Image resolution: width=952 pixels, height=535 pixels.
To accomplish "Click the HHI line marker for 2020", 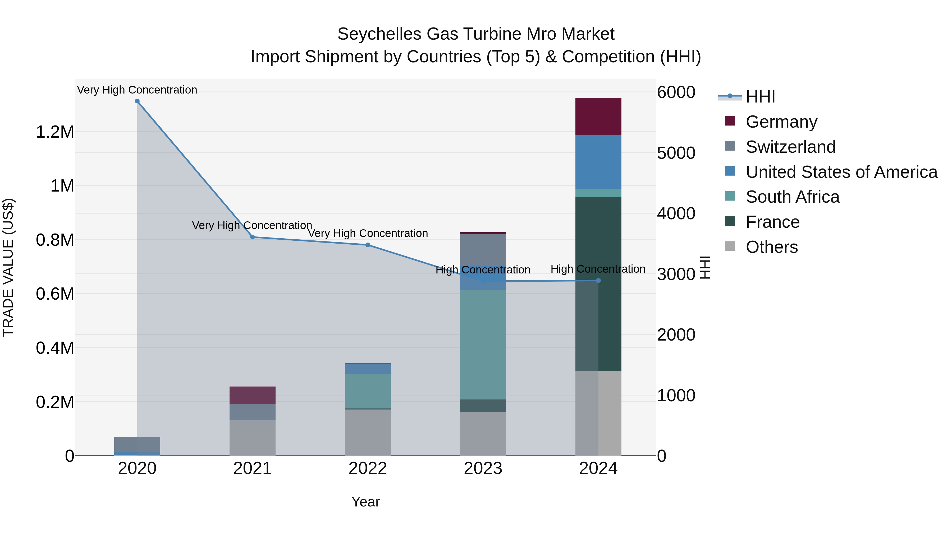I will [137, 101].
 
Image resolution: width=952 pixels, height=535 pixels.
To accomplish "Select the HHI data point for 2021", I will [253, 237].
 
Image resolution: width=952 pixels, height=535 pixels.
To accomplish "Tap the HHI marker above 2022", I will [368, 245].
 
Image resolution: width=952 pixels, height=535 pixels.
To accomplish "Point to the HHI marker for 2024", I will [598, 281].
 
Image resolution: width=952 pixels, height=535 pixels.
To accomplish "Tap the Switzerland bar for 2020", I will [137, 444].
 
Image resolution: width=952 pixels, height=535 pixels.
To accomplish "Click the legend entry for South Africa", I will [792, 197].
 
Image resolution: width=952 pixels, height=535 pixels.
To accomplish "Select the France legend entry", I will [772, 222].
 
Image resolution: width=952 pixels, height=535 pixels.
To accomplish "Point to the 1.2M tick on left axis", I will [55, 132].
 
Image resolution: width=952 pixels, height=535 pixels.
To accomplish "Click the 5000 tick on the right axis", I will [676, 153].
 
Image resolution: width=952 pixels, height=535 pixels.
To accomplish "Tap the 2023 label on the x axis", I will [483, 468].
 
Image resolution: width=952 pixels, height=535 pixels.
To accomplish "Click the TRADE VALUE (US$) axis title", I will [8, 267].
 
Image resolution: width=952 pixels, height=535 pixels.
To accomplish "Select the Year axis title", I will [365, 502].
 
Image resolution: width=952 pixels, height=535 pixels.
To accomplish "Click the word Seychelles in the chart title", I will [379, 34].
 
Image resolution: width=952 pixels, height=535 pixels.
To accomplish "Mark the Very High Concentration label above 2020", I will [137, 90].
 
